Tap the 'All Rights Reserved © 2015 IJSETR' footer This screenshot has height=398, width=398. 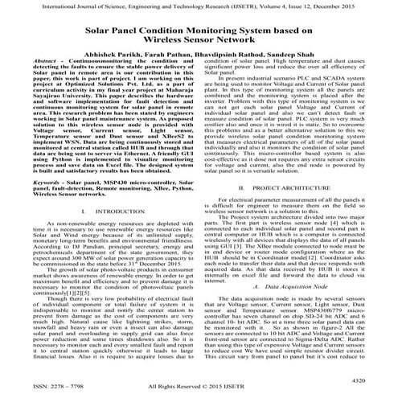199,389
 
